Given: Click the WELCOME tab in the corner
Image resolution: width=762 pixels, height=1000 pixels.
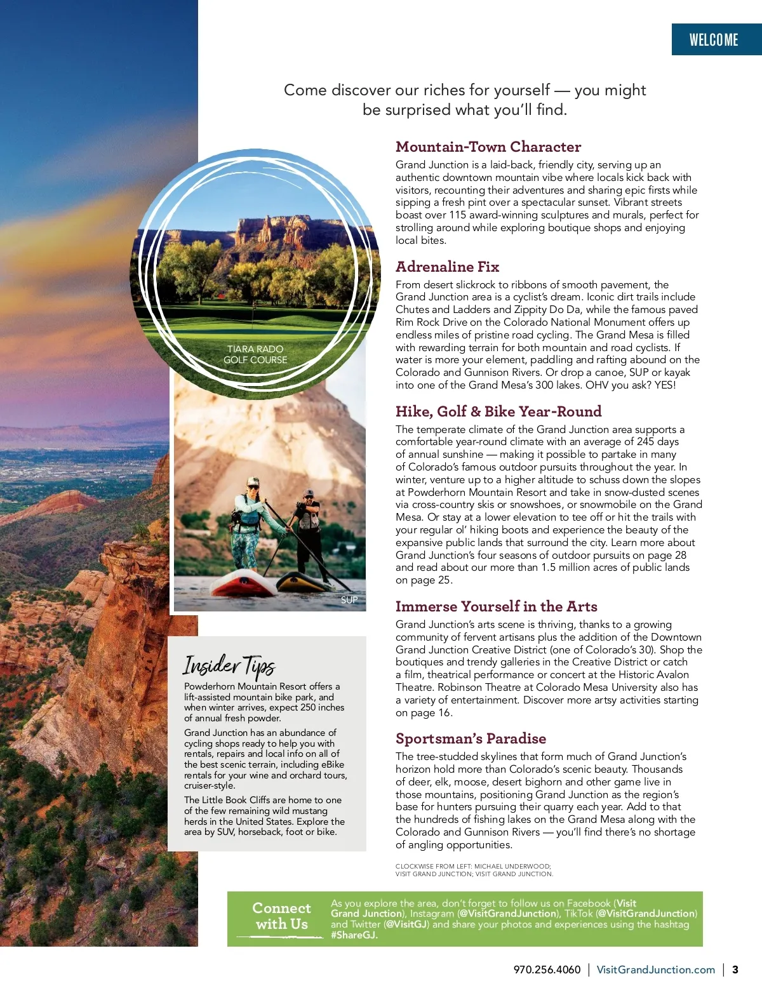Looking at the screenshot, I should click(714, 40).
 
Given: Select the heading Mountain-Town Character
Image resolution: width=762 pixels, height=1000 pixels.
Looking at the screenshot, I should click(488, 147).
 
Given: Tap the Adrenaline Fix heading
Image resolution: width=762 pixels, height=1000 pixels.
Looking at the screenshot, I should click(447, 267).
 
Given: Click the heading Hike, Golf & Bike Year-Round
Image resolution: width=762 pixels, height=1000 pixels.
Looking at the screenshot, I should click(498, 411).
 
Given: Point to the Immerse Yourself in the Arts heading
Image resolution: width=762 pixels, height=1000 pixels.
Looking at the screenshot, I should click(496, 606).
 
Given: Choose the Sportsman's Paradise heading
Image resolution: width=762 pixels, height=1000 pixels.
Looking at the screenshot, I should click(471, 738).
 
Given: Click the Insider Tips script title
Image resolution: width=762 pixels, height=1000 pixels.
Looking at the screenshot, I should click(229, 665).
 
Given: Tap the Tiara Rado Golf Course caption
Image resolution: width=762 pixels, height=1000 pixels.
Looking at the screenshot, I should click(255, 354).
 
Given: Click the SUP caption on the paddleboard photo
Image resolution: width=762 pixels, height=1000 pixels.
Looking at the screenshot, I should click(349, 600).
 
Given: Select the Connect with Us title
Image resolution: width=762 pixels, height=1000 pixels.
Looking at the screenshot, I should click(281, 916).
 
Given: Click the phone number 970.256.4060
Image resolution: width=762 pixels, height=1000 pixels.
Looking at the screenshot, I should click(547, 970).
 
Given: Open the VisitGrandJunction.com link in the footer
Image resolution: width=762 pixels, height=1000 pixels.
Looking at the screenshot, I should click(655, 970).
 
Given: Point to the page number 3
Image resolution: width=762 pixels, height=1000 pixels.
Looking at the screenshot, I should click(735, 970).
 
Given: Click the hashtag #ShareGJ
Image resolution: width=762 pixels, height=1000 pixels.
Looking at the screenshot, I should click(354, 935).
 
